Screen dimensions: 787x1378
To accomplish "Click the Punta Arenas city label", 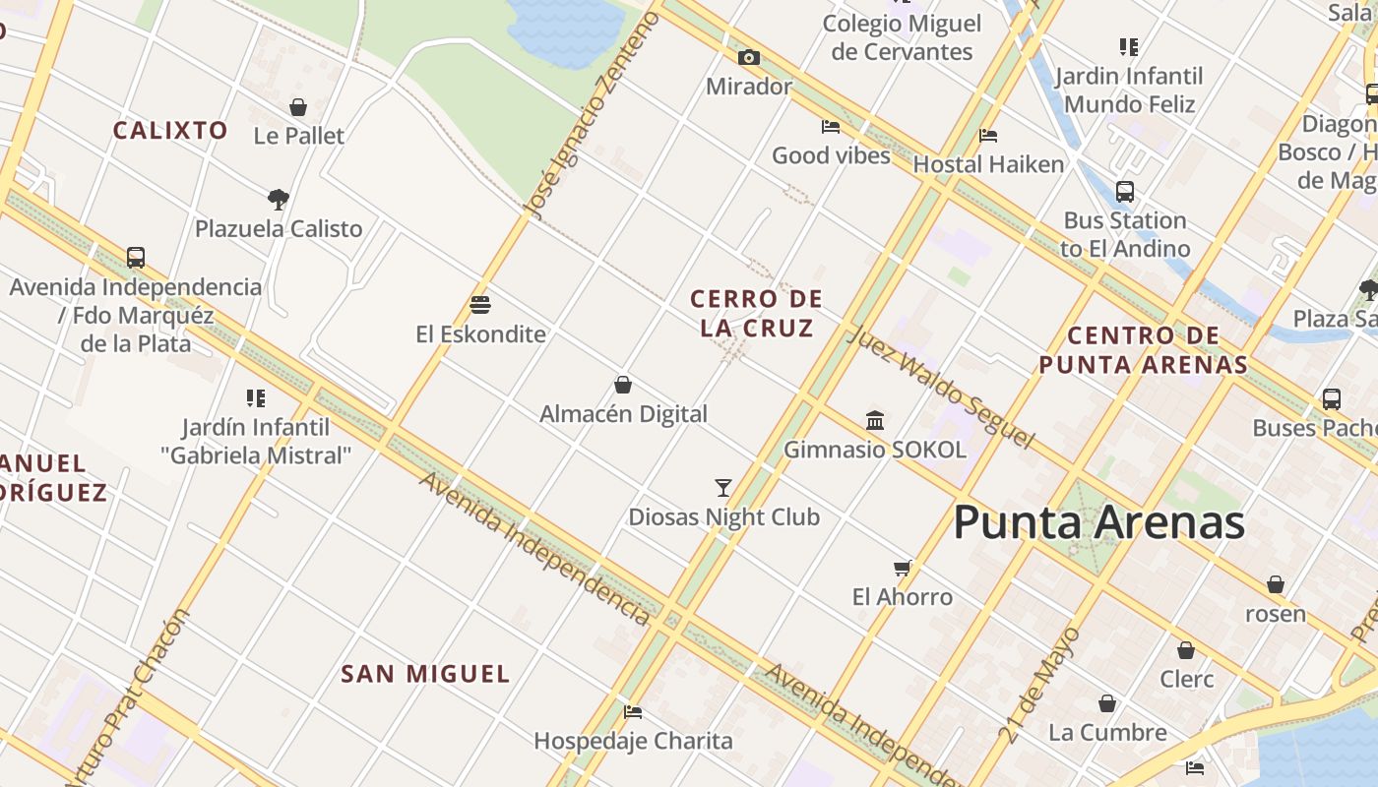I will point(1098,521).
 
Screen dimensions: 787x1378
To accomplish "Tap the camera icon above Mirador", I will point(749,57).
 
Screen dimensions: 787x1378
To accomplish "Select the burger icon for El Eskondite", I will point(480,304).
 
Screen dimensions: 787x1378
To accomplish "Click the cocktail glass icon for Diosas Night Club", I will point(723,487).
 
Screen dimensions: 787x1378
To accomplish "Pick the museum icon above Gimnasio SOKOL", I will point(875,420).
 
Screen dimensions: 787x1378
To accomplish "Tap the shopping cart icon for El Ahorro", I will point(902,568).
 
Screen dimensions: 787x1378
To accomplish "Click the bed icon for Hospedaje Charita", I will point(633,711).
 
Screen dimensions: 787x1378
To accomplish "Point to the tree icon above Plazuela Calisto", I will point(279,199).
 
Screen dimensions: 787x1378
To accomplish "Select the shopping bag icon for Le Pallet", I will point(298,106).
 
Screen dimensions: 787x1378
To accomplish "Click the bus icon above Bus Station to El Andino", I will point(1125,191).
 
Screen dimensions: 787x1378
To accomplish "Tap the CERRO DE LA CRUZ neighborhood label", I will point(757,313).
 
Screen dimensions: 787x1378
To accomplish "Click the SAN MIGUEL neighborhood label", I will point(425,674).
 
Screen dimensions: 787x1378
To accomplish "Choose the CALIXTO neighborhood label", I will point(170,130).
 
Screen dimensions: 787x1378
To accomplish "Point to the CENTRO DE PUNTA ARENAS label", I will point(1144,350).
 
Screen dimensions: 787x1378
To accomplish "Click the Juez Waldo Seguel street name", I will point(941,386).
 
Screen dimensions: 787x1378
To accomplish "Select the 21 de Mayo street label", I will point(1039,685).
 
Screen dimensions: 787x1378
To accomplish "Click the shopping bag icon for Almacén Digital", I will point(622,384).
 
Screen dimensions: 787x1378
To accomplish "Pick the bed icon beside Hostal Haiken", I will point(988,135).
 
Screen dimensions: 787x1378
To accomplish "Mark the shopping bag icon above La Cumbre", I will point(1107,703).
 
